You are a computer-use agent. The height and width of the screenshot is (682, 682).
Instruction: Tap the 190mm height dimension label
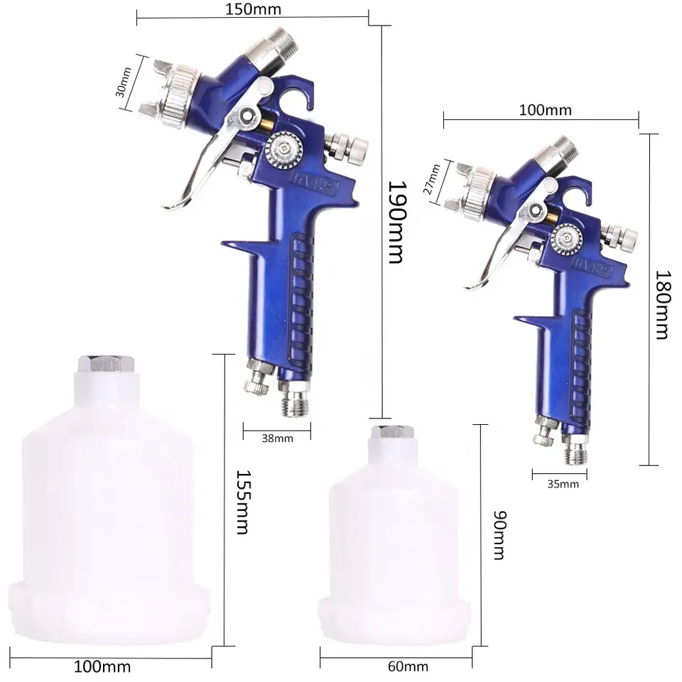coord(396,222)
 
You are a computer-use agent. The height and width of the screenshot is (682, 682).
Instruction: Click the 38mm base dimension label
coord(277,438)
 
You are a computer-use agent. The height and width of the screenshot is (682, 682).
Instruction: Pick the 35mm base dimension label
coord(563,485)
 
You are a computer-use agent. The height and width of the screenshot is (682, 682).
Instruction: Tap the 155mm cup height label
coord(242,502)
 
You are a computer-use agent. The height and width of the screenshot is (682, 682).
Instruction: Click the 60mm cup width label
coord(409,666)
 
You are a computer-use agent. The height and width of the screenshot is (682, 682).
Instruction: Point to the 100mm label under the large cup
coord(102,667)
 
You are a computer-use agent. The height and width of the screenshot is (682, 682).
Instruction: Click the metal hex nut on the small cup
coord(391,432)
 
